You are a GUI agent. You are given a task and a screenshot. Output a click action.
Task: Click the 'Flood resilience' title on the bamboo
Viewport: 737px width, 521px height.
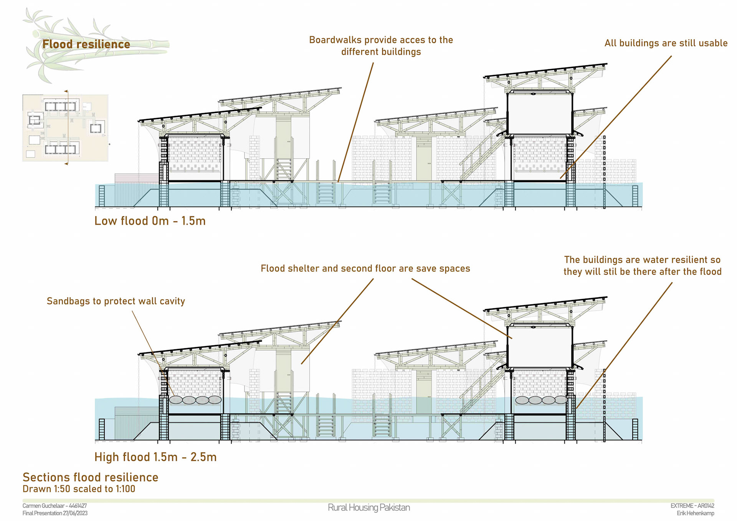[86, 44]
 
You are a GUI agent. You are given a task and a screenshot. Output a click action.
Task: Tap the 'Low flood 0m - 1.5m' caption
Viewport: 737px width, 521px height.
[150, 221]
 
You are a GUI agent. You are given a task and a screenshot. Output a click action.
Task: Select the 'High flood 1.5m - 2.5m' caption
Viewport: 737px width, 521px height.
[155, 457]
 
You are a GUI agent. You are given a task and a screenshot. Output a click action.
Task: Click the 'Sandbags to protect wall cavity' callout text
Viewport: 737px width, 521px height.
[116, 301]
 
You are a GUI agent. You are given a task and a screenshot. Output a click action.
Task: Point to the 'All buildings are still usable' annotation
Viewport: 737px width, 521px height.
[666, 43]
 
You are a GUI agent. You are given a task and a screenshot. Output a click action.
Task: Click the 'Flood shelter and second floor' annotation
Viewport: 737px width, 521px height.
[365, 268]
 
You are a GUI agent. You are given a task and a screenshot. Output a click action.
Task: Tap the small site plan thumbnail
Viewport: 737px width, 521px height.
[65, 128]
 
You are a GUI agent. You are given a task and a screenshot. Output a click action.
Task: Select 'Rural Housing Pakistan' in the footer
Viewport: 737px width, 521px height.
[368, 508]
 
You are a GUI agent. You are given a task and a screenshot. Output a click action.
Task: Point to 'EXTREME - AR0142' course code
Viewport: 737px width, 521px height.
[692, 506]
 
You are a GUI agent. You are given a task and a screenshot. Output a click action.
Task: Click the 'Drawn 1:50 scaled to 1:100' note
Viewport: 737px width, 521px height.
[79, 489]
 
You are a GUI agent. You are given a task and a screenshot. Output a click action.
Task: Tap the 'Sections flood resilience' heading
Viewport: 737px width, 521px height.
[90, 477]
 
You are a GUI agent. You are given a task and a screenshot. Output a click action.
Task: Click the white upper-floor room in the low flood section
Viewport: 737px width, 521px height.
[539, 113]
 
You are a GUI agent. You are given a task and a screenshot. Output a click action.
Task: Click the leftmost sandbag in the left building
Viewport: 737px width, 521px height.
[176, 400]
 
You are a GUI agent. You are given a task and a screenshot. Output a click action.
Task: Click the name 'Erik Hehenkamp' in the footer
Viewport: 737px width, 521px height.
[695, 513]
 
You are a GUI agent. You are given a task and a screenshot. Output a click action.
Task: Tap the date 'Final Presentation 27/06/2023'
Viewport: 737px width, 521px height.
[55, 513]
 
